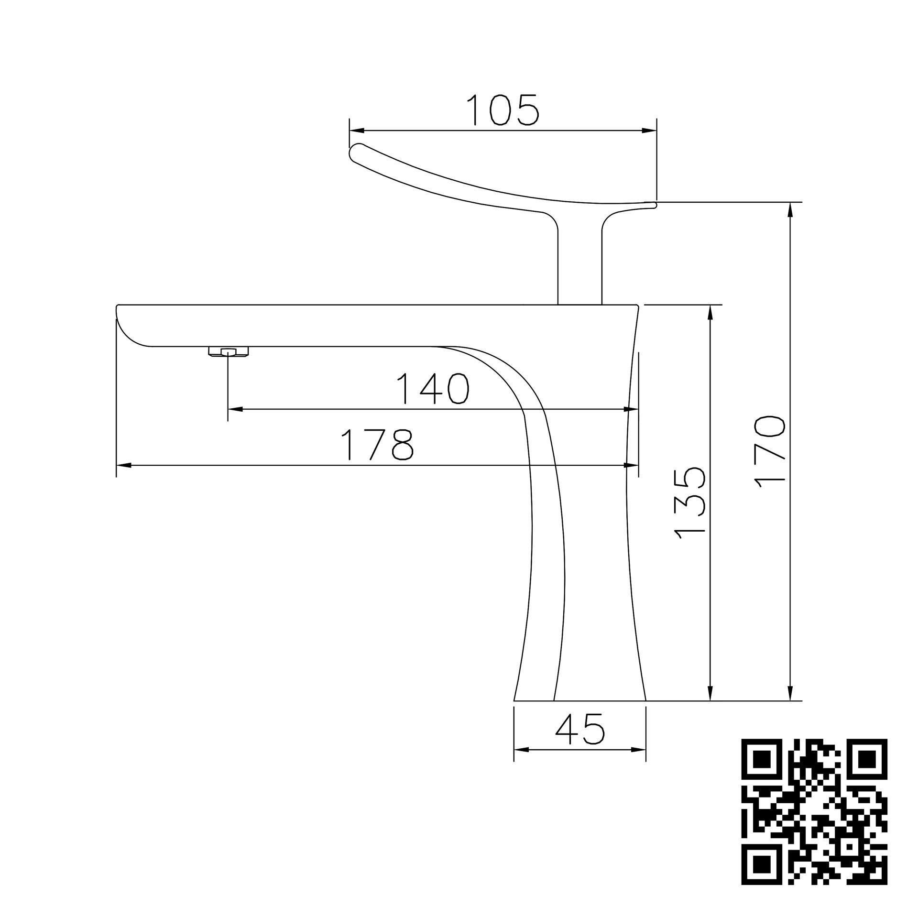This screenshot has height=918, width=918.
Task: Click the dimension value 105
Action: tap(503, 110)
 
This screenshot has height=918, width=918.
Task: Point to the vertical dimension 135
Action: tap(689, 503)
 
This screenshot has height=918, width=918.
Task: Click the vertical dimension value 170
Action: tap(769, 452)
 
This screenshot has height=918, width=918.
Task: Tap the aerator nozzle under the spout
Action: tap(229, 352)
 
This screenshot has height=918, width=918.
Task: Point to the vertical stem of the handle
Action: tap(579, 268)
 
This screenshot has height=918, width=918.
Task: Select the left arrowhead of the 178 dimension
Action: tap(123, 464)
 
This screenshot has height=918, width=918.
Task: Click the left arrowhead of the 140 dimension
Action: tap(235, 409)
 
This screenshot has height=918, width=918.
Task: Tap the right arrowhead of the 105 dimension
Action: tap(649, 130)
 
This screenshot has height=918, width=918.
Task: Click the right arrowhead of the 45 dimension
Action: tap(639, 750)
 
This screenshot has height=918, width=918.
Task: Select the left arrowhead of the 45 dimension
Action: tap(521, 750)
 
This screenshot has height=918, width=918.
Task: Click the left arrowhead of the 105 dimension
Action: tap(357, 130)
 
